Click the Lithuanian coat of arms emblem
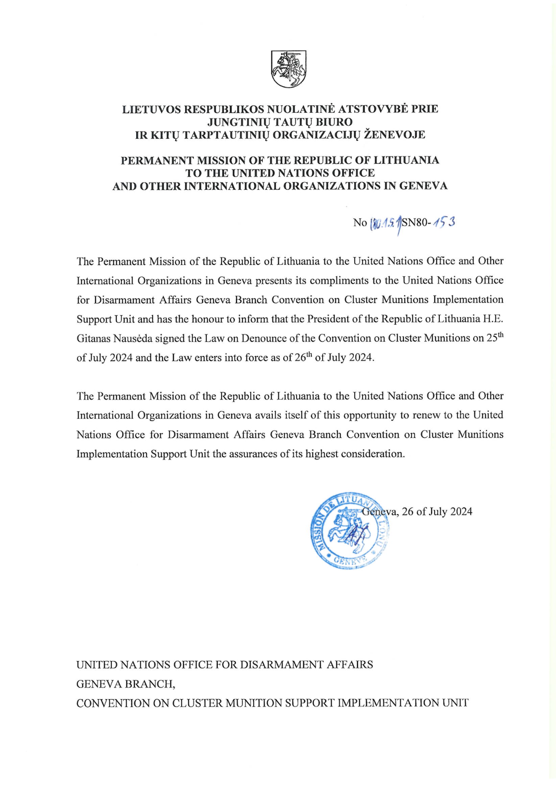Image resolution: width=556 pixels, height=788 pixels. point(288,69)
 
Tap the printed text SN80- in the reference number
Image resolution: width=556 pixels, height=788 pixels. point(416,223)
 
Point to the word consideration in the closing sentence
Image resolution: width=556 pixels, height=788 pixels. point(373,454)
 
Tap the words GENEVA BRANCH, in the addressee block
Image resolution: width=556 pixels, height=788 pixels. point(126,684)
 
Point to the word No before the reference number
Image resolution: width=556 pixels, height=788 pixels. point(360,223)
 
